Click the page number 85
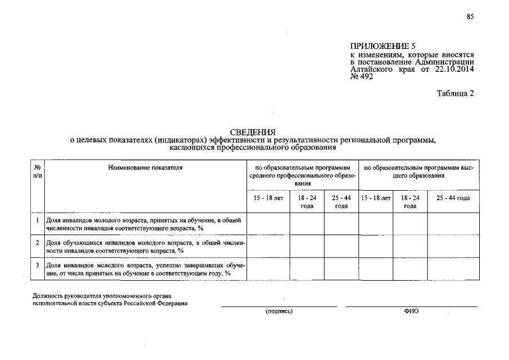click(x=470, y=17)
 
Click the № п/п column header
click(x=37, y=172)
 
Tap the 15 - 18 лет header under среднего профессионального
click(x=268, y=198)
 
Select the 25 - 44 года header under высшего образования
click(x=453, y=198)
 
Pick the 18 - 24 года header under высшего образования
click(x=410, y=202)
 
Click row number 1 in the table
click(x=37, y=220)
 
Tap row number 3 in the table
click(x=37, y=264)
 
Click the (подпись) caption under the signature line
click(x=279, y=311)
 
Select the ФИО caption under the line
click(x=411, y=311)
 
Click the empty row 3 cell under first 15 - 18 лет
click(x=268, y=268)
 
